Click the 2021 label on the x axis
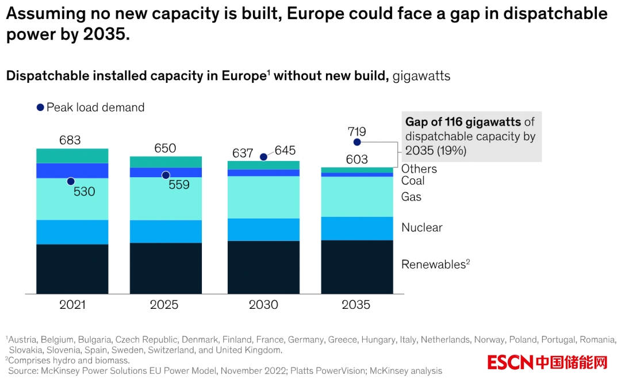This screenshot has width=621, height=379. pos(72,305)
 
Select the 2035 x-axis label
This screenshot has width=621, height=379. pos(356,305)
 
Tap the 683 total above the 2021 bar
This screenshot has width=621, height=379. pos(70,140)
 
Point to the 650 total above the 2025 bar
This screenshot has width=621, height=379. pos(165,148)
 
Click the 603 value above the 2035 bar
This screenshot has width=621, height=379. pos(357,159)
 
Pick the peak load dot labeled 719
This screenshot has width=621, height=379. pos(357,142)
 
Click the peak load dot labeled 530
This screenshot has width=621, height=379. pos(71,181)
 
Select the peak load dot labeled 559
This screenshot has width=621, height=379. pos(166,175)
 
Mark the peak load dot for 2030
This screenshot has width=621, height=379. pos(263,157)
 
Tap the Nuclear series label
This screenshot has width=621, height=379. pos(422,228)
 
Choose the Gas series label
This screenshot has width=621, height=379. pos(411,197)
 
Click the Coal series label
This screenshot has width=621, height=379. pos(413,181)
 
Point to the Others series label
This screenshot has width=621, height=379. pos(419,169)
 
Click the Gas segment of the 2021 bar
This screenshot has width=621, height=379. pos(72,199)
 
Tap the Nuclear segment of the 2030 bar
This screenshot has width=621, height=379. pos(263,229)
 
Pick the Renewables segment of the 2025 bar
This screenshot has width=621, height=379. pos(166,268)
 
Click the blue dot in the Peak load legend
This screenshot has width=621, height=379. pos(40,108)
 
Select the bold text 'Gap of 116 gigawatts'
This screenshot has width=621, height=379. pos(463,122)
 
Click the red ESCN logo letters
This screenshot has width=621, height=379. pos(510,362)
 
